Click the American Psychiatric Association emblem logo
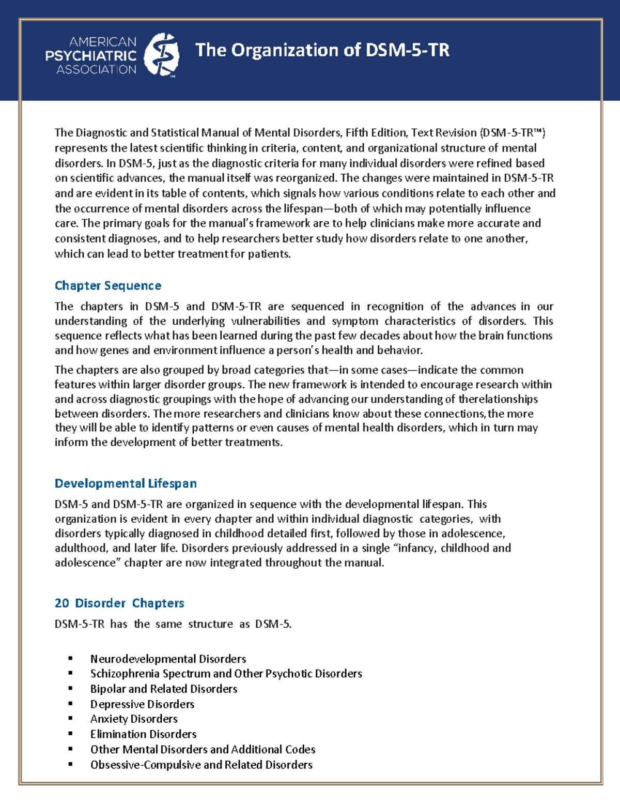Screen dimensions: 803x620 161,55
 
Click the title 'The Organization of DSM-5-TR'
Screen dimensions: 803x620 322,50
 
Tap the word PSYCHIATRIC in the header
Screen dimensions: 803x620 91,56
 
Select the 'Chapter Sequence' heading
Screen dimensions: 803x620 108,286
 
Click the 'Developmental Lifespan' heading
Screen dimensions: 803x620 126,483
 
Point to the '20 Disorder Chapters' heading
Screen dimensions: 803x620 119,603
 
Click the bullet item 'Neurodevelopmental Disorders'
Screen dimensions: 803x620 168,659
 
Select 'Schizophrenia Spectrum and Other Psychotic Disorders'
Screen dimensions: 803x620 226,674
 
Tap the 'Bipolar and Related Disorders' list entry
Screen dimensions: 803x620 164,689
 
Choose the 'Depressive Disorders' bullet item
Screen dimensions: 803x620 142,704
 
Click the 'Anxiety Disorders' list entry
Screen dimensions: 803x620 134,719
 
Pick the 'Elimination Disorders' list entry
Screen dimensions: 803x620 143,734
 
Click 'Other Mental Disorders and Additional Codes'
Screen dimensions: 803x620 203,750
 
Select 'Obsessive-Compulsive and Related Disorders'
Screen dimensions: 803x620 201,765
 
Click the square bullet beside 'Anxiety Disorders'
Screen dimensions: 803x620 70,719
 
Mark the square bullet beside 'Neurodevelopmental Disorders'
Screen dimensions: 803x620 70,659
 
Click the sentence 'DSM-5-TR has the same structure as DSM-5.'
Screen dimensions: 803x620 173,624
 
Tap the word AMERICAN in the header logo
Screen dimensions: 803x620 103,42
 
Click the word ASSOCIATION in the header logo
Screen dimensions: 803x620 96,70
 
